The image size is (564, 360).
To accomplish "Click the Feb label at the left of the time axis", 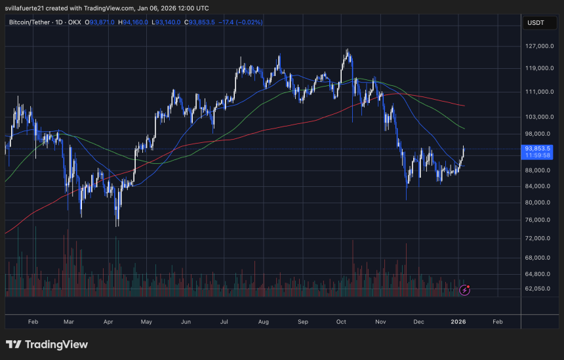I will coord(33,322).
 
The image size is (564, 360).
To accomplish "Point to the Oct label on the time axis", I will coord(341,322).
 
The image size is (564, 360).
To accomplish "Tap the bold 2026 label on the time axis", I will coord(458,322).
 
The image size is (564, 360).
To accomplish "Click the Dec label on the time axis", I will coord(418,322).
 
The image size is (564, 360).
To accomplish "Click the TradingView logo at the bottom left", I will coord(47,345).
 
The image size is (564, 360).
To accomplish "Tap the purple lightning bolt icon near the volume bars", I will coord(464,289).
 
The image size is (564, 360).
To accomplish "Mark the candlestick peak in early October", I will coord(347,51).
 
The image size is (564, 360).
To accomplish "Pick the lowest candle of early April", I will coord(117,224).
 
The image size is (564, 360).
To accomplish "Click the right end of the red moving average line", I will coord(464,106).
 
